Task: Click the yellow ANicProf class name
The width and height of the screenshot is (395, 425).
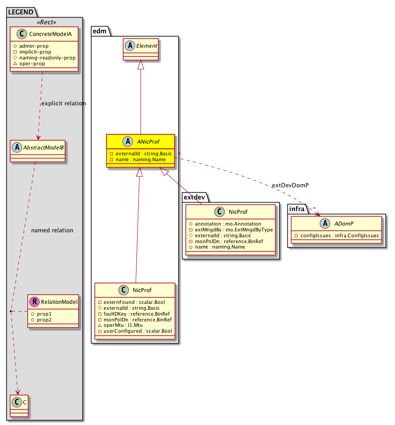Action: click(146, 141)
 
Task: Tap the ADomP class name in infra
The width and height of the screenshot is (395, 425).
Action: click(347, 223)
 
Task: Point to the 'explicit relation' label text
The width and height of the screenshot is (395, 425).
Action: click(63, 103)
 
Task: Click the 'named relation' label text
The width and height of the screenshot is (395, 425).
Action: click(52, 230)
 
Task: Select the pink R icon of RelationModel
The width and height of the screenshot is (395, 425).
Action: click(34, 302)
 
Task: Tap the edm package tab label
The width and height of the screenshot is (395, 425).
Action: click(99, 31)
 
